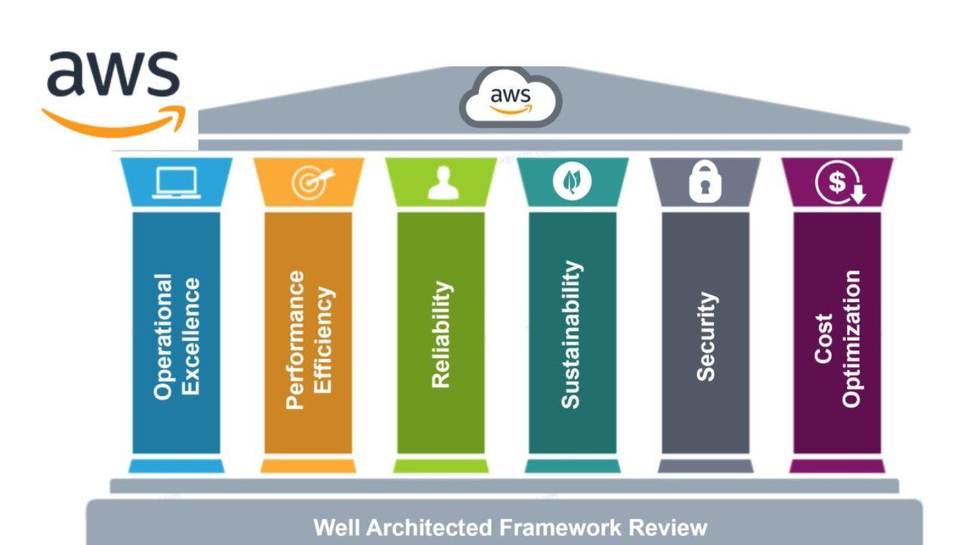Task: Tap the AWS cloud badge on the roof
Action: pyautogui.click(x=511, y=98)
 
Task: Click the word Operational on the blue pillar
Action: pyautogui.click(x=164, y=336)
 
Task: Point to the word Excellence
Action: pyautogui.click(x=191, y=336)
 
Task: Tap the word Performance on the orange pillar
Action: pyautogui.click(x=295, y=340)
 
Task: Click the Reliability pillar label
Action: pyautogui.click(x=441, y=335)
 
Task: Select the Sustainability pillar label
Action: pyautogui.click(x=572, y=335)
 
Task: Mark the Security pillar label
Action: pyautogui.click(x=706, y=336)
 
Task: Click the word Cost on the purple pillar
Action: pyautogui.click(x=824, y=338)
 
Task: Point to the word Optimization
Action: pyautogui.click(x=852, y=338)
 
